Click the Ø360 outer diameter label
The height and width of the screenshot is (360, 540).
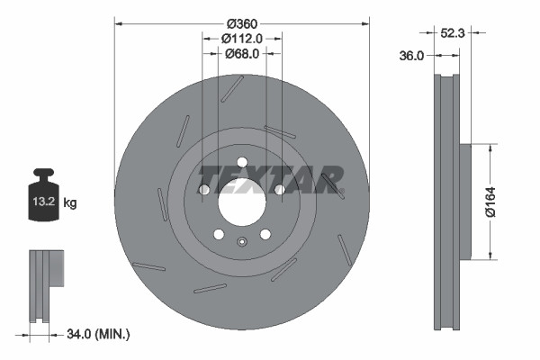(241, 22)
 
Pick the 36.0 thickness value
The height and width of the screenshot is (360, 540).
(411, 56)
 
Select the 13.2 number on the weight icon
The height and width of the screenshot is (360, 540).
(45, 203)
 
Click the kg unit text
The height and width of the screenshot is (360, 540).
(70, 203)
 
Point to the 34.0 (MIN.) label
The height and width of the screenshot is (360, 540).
(99, 334)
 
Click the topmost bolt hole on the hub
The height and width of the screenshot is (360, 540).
(241, 162)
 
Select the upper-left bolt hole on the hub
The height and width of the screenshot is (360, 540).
(204, 190)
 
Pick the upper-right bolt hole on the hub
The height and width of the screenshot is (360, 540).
(279, 190)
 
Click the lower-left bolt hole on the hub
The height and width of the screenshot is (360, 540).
(219, 234)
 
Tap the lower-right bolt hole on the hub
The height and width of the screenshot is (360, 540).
(265, 234)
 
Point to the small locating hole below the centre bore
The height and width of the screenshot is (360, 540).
(241, 240)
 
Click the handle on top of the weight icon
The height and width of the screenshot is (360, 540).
(43, 174)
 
